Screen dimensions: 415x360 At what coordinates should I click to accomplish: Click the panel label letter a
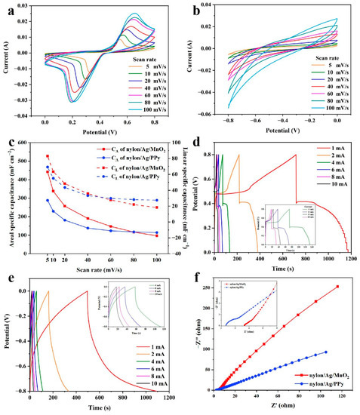(5, 9)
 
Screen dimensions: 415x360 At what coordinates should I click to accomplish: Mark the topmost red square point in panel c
(47, 156)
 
